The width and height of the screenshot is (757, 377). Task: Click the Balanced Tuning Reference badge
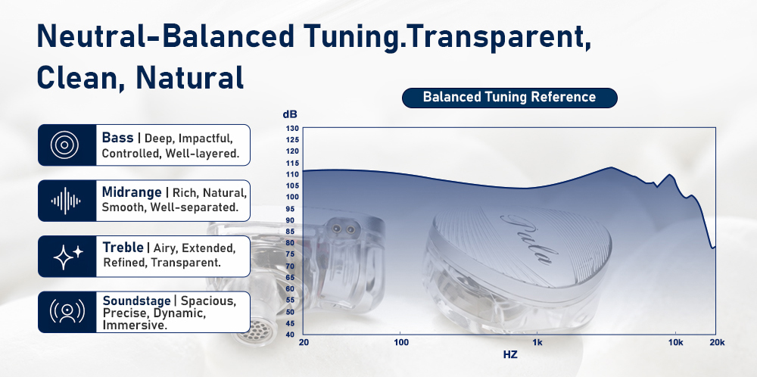pos(509,98)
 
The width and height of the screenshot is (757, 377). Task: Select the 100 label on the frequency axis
pos(401,343)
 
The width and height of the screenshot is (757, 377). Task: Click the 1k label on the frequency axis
pos(537,343)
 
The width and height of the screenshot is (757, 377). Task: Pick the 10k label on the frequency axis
pos(676,343)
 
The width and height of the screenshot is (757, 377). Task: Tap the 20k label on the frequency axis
pos(717,343)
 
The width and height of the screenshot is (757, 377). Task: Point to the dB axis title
pos(290,115)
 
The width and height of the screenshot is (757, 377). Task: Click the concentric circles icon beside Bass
pos(64,145)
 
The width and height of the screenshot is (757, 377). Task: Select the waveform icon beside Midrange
pos(66,201)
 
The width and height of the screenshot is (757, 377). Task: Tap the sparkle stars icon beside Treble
pos(67,257)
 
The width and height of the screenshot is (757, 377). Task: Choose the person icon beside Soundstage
pos(67,312)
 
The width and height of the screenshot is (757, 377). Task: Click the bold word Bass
pos(117,138)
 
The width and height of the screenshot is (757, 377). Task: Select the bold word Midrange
pos(131,192)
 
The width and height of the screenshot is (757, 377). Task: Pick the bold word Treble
pos(123,248)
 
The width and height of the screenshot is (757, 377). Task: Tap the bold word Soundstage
pos(136,301)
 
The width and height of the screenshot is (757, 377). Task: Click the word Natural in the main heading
pos(190,76)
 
